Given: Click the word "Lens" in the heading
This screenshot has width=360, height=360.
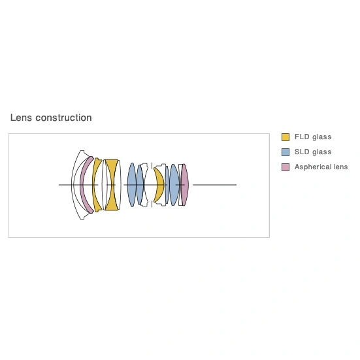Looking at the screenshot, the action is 21,118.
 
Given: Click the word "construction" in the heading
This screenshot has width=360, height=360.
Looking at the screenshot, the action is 63,118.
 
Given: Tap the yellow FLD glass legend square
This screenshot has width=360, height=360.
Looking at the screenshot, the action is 286,137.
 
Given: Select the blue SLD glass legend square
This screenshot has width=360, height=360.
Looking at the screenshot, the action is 286,152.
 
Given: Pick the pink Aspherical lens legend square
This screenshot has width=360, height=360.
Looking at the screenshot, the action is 286,167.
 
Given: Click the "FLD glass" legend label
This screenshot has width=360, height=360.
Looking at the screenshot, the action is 313,137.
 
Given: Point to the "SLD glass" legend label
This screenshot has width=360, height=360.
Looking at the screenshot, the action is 313,152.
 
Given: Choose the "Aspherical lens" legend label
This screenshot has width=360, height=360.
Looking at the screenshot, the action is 321,167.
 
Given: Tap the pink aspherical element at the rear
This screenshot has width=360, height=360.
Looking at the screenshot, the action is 185,185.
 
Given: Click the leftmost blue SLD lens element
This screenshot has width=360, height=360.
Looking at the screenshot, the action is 132,185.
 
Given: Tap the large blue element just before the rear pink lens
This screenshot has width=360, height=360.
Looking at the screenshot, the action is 174,185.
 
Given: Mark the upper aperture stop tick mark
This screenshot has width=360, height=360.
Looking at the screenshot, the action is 152,165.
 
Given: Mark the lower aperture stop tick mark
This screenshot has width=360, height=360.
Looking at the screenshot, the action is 152,204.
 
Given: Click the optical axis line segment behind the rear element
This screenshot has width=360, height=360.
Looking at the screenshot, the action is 214,185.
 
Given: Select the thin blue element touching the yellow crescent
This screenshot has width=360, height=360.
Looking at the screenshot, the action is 167,185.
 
